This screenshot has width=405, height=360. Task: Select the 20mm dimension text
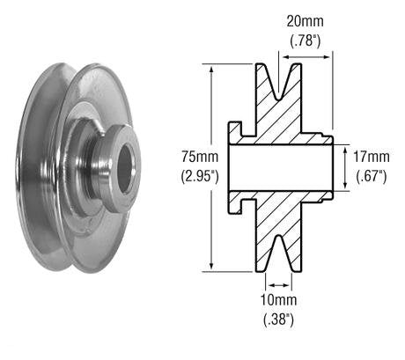pos(307,19)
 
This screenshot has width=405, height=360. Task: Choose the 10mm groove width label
pos(278,301)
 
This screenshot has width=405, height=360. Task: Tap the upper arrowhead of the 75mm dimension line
pos(212,69)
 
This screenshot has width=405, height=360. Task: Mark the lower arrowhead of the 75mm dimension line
pos(212,267)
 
